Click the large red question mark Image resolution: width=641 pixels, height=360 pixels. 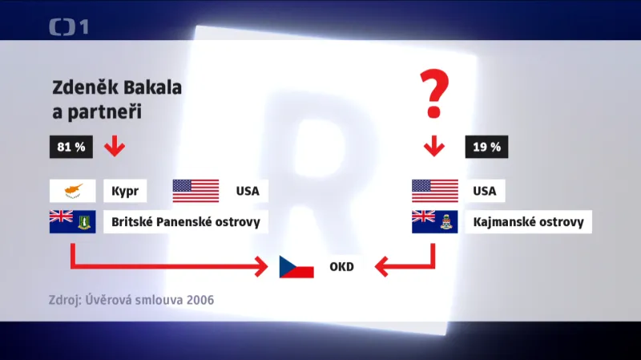coord(434,93)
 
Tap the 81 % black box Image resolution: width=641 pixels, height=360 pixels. coord(71,148)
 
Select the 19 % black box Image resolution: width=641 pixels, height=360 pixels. coord(486,148)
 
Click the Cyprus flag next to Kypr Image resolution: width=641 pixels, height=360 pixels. coord(73,191)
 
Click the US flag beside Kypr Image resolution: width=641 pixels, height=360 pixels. coord(196,191)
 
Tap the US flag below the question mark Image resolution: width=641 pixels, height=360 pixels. coord(434,191)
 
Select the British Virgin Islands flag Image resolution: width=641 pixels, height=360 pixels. coord(73,221)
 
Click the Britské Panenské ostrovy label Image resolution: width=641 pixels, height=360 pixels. coord(186,222)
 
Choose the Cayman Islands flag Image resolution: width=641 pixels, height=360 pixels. coord(434,221)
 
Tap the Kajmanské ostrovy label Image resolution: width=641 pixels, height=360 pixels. coord(529,222)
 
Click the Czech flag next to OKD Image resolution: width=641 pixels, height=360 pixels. coord(296,266)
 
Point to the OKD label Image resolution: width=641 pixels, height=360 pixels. coord(341,266)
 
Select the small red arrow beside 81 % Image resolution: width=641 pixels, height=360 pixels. coord(113,147)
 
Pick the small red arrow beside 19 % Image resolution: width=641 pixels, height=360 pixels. coord(434,147)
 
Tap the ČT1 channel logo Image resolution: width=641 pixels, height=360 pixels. coord(69,27)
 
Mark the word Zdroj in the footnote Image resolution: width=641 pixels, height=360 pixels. coord(67,301)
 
